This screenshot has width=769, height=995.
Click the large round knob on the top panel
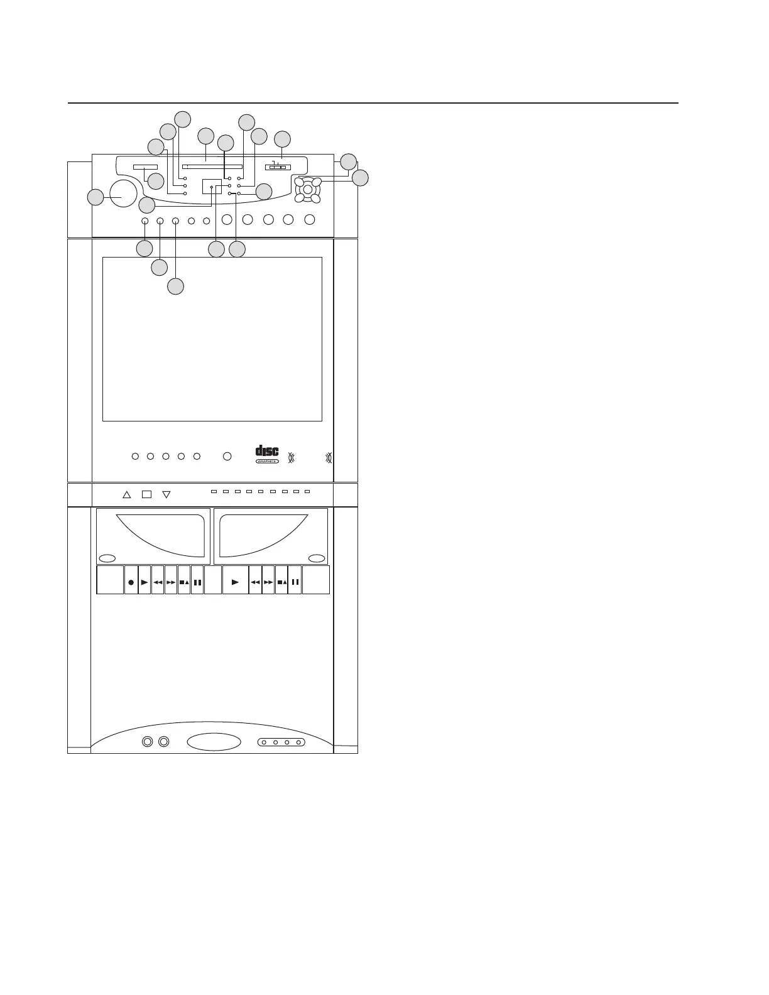(x=123, y=193)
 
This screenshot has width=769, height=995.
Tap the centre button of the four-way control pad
(x=307, y=190)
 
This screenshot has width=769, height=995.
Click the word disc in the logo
(x=267, y=452)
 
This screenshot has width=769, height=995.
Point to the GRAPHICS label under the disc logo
(x=267, y=461)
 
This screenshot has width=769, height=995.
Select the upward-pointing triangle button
(x=126, y=494)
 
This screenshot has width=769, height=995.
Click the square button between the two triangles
(x=146, y=494)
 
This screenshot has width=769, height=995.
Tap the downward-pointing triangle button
(x=166, y=494)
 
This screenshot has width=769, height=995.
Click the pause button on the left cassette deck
(x=197, y=582)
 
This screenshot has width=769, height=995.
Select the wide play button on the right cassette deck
(x=236, y=582)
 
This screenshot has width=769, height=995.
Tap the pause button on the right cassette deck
(x=295, y=582)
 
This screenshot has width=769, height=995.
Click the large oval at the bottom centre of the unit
(x=214, y=742)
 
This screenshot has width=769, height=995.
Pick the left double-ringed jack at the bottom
(x=147, y=742)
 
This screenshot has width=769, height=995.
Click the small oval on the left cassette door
(x=107, y=558)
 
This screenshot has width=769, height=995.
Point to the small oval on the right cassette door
(x=316, y=558)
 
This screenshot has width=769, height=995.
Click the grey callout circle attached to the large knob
(x=95, y=197)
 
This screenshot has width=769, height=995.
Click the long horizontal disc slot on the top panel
(x=212, y=167)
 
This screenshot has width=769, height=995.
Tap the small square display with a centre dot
(x=212, y=187)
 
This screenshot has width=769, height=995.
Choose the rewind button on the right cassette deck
(x=255, y=582)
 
